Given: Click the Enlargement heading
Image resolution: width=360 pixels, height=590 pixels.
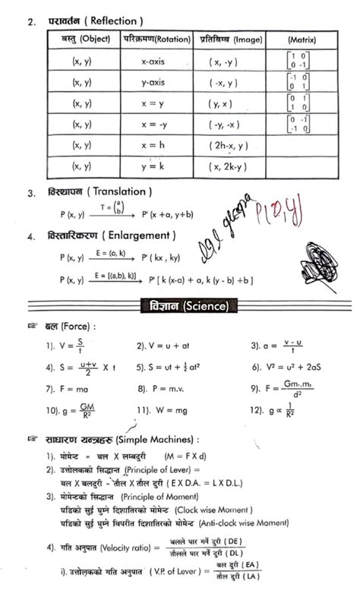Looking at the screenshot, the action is [x=128, y=236].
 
